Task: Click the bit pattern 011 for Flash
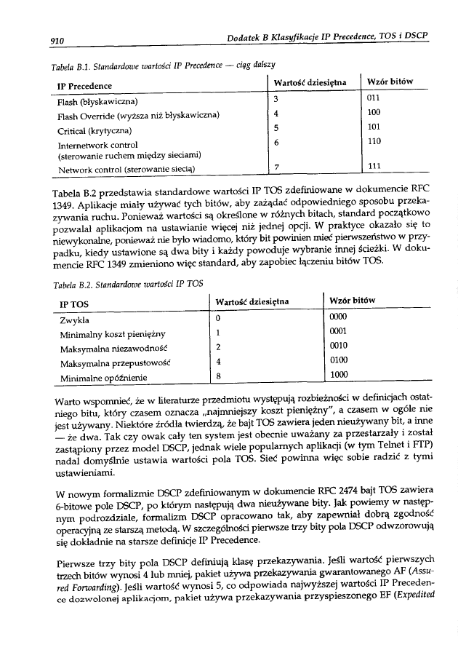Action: pos(374,98)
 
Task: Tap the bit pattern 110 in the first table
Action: pos(374,140)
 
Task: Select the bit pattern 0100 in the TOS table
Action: pos(340,360)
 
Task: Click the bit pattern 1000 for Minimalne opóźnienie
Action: pos(340,375)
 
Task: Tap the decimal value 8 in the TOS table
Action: pos(219,376)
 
